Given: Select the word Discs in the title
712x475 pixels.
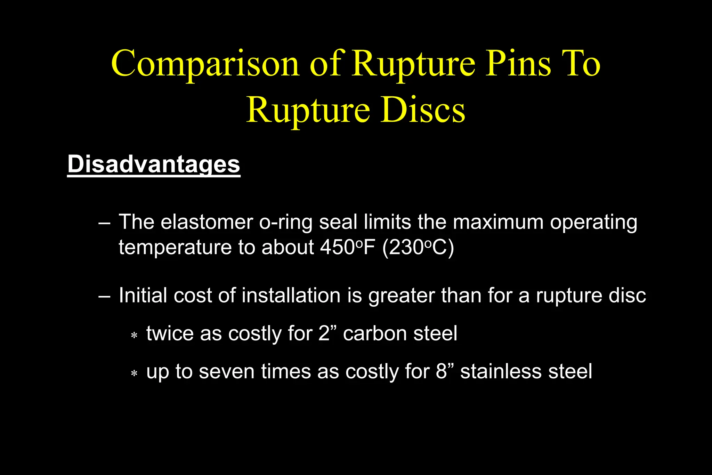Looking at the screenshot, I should tap(423, 111).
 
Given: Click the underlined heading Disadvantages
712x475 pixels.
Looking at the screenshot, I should tap(154, 164).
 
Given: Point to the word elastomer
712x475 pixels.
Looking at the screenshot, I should tap(207, 222).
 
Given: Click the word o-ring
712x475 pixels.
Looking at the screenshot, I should tap(286, 222).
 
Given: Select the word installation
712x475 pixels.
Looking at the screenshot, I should tap(291, 296).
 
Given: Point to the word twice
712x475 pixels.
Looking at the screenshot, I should tap(170, 333).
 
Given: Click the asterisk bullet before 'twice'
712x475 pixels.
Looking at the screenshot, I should tap(134, 336).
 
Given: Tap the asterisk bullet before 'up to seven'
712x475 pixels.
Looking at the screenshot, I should tap(134, 374).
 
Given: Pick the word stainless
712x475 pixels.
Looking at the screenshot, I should tap(501, 371).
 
